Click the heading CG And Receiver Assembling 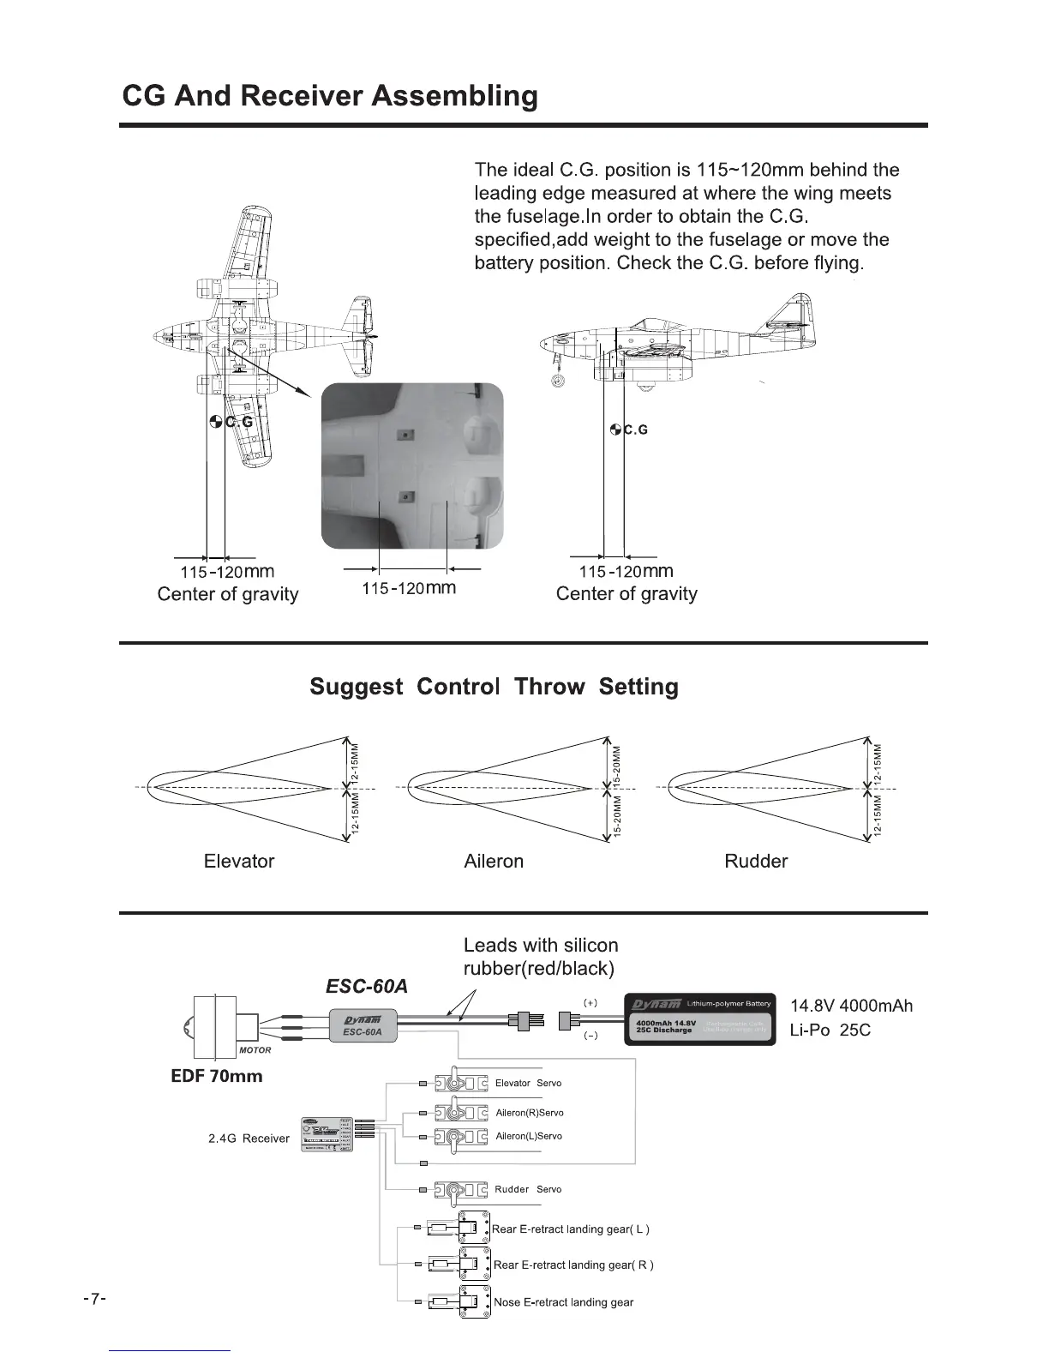coord(330,95)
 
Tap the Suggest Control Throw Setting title coord(494,687)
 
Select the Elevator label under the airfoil coord(239,862)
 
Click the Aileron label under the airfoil coord(494,862)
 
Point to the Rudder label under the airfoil coord(756,862)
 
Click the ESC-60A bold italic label coord(367,986)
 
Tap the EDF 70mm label coord(217,1076)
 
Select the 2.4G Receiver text coord(249,1139)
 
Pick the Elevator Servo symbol coord(461,1085)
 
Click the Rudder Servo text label coord(528,1189)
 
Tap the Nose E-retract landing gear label coord(564,1302)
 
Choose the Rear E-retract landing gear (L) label coord(571,1229)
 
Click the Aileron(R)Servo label coord(530,1113)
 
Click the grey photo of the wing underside coord(411,466)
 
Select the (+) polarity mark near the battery coord(590,1002)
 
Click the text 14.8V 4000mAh coord(851,1006)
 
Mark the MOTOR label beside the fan coord(254,1049)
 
